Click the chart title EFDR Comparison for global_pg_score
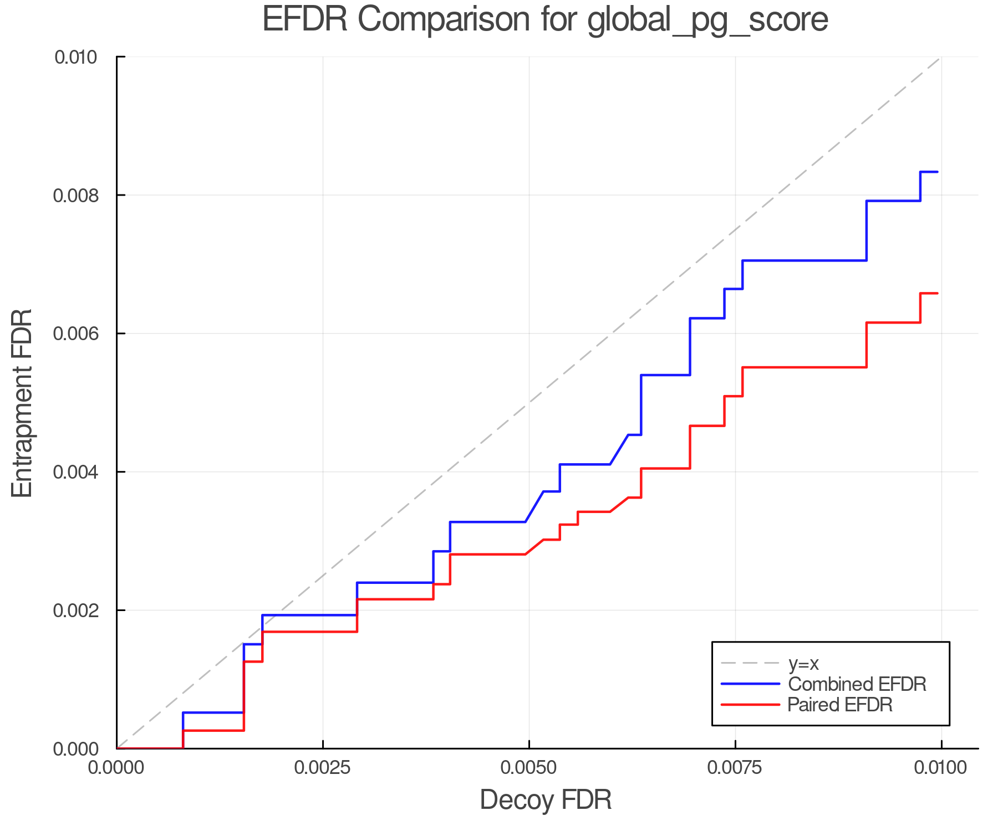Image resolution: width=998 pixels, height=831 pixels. (x=545, y=19)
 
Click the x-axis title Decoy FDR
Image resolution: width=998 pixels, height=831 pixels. (x=545, y=800)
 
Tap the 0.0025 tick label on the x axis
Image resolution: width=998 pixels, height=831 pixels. (x=323, y=768)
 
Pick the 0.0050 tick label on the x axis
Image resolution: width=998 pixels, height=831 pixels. (x=529, y=768)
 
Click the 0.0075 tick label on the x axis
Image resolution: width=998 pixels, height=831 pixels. (x=735, y=768)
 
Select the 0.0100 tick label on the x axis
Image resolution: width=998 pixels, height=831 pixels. (x=941, y=768)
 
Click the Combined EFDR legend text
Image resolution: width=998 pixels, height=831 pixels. (x=857, y=684)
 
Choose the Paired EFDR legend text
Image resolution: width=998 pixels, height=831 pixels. (x=840, y=705)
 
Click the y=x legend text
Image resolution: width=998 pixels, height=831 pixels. (x=803, y=664)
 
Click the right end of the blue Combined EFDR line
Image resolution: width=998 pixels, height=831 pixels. (x=937, y=172)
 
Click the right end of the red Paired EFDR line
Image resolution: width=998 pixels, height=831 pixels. (x=937, y=293)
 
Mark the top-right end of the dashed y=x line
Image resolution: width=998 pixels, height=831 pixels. (x=940, y=57)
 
